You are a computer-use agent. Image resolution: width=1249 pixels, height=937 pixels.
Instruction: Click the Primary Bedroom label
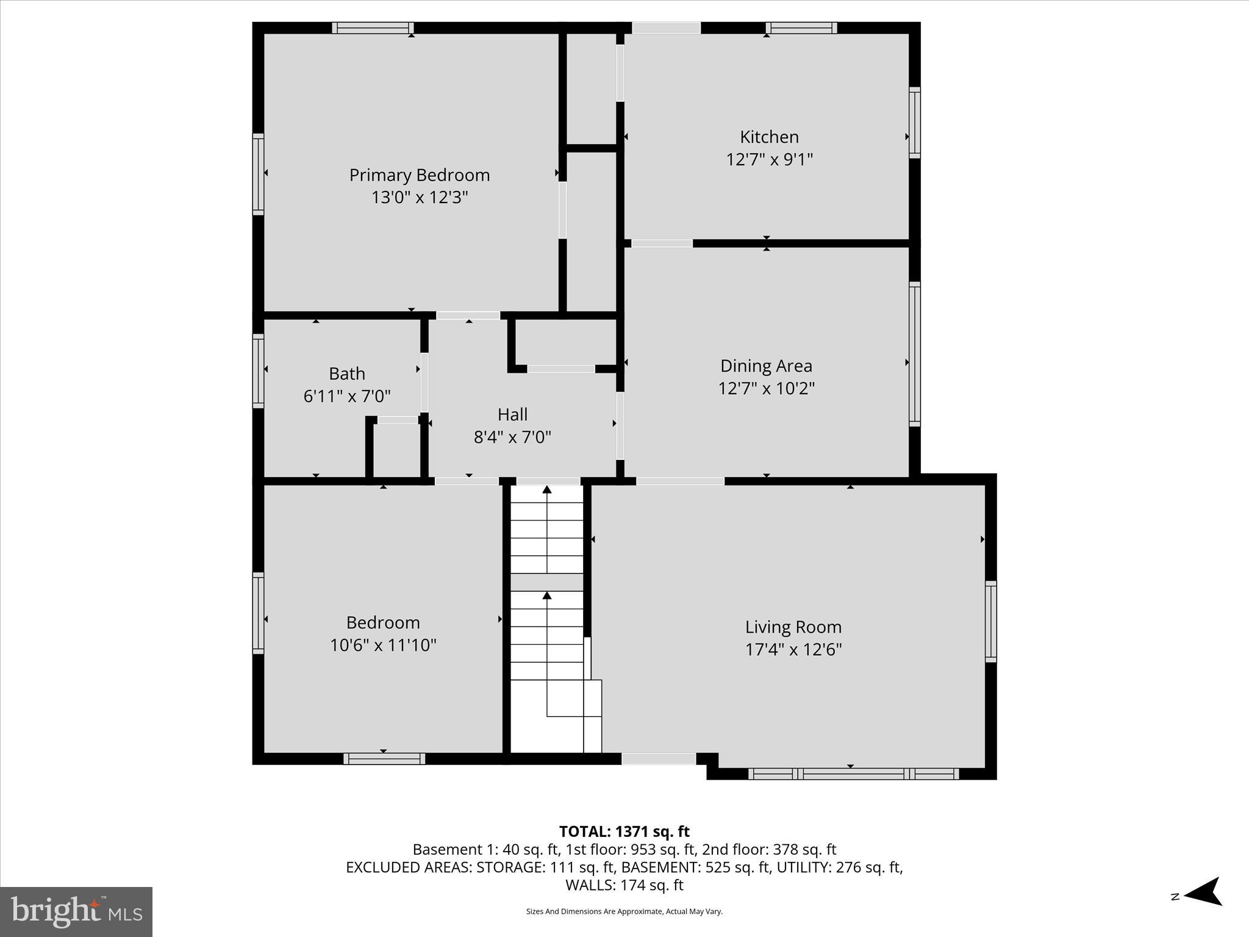[420, 175]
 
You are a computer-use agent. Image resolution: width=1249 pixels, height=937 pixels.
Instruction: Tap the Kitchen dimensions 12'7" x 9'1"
[769, 160]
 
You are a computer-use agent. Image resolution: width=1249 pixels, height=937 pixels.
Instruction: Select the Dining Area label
[766, 366]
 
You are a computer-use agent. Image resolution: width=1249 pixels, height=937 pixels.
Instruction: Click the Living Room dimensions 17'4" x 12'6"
[793, 650]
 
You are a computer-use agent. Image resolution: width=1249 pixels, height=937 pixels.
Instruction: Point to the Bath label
[347, 373]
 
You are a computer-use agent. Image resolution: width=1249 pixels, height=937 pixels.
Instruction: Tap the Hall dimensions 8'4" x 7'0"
[512, 437]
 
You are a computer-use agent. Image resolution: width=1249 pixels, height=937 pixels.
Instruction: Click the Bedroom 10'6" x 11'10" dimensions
[383, 645]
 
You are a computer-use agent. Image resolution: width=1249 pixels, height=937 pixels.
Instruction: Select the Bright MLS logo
[76, 912]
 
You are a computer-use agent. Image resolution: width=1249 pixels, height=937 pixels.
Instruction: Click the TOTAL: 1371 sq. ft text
[624, 831]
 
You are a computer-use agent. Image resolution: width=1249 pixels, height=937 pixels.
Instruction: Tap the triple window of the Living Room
[853, 774]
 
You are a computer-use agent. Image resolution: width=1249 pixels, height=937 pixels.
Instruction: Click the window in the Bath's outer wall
[259, 371]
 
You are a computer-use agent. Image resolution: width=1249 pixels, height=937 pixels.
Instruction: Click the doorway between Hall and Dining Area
[620, 425]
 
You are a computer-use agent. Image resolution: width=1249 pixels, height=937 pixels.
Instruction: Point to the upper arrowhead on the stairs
[547, 489]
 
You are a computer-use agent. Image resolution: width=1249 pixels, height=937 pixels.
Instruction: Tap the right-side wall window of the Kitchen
[914, 123]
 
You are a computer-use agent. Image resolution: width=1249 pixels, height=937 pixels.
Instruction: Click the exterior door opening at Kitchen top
[666, 28]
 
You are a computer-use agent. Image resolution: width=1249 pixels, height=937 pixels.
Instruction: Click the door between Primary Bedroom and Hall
[468, 315]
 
